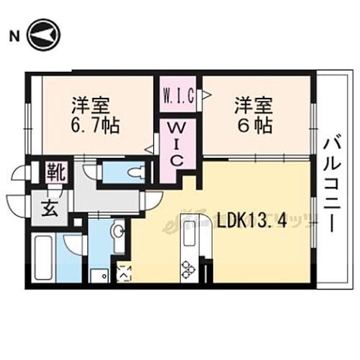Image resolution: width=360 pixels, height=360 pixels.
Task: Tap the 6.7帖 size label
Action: coord(94,125)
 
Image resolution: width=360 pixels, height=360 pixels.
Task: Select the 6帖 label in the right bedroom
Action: coord(253,125)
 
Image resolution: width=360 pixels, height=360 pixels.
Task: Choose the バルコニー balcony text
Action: coord(331,183)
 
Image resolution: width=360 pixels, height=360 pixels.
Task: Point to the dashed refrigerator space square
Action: coord(123,273)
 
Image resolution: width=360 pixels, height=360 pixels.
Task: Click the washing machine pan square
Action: coord(100,274)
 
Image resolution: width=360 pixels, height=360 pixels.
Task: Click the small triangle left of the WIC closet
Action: coord(150,150)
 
